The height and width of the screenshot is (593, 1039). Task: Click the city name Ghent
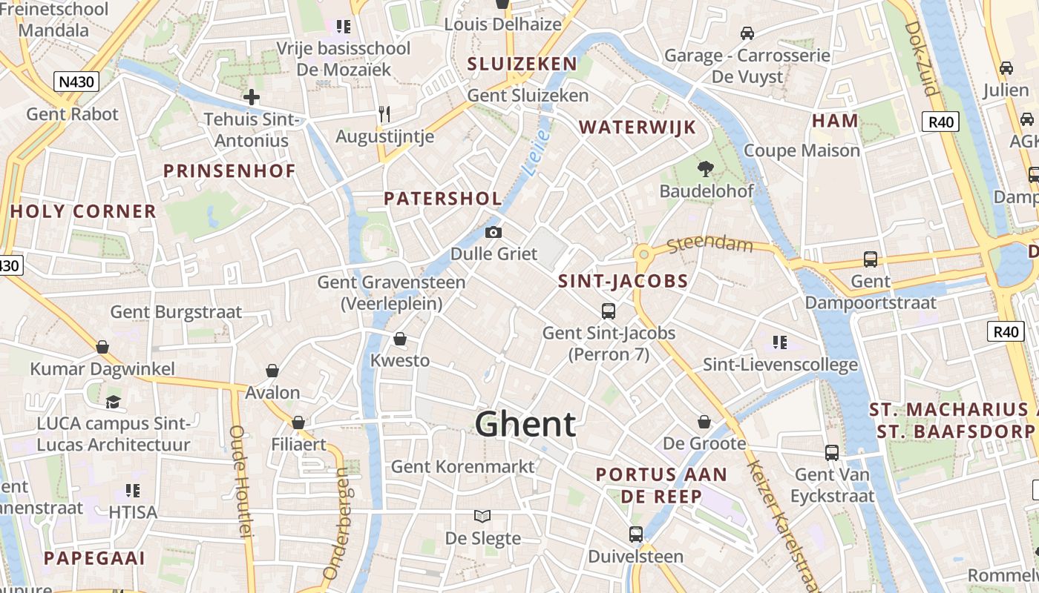pyautogui.click(x=525, y=424)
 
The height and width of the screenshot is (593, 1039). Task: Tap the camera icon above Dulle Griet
pyautogui.click(x=494, y=232)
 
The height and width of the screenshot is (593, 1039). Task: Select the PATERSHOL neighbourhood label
pyautogui.click(x=443, y=199)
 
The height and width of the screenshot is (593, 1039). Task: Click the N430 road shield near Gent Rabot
pyautogui.click(x=76, y=81)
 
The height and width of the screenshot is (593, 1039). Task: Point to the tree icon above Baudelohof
pyautogui.click(x=706, y=169)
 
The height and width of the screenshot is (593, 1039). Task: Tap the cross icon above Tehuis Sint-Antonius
pyautogui.click(x=252, y=96)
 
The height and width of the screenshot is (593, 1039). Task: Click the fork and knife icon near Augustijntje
pyautogui.click(x=384, y=114)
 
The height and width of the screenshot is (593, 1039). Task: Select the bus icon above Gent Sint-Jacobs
pyautogui.click(x=609, y=311)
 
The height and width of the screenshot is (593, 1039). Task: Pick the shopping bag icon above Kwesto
pyautogui.click(x=400, y=339)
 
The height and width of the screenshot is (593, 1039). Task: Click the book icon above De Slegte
pyautogui.click(x=482, y=516)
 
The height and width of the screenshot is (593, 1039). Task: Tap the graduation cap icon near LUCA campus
pyautogui.click(x=113, y=402)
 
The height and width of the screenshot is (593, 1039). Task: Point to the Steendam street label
pyautogui.click(x=710, y=245)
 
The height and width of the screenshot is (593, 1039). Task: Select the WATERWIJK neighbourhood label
pyautogui.click(x=638, y=127)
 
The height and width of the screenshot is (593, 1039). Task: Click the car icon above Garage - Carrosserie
pyautogui.click(x=747, y=33)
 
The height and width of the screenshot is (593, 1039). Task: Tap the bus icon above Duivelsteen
pyautogui.click(x=635, y=534)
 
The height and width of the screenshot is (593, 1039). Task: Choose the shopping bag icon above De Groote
pyautogui.click(x=704, y=422)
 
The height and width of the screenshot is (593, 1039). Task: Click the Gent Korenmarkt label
pyautogui.click(x=462, y=466)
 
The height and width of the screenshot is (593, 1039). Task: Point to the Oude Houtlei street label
pyautogui.click(x=241, y=480)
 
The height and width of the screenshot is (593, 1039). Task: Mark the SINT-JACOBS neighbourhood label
pyautogui.click(x=623, y=282)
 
